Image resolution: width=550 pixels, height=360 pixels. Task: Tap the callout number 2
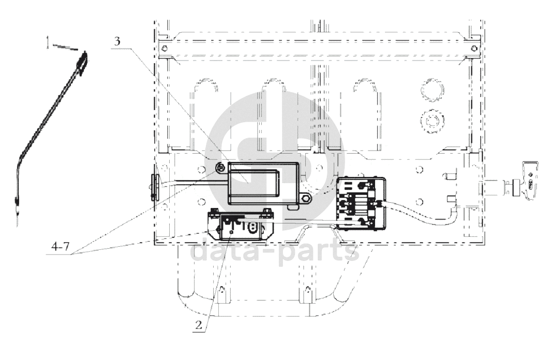point(199,325)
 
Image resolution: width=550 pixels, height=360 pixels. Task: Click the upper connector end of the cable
point(82,63)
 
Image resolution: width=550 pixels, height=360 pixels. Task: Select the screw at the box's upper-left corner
point(220,169)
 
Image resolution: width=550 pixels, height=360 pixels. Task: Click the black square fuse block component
point(361,203)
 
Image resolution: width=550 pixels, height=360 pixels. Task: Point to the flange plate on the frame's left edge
point(154,187)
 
